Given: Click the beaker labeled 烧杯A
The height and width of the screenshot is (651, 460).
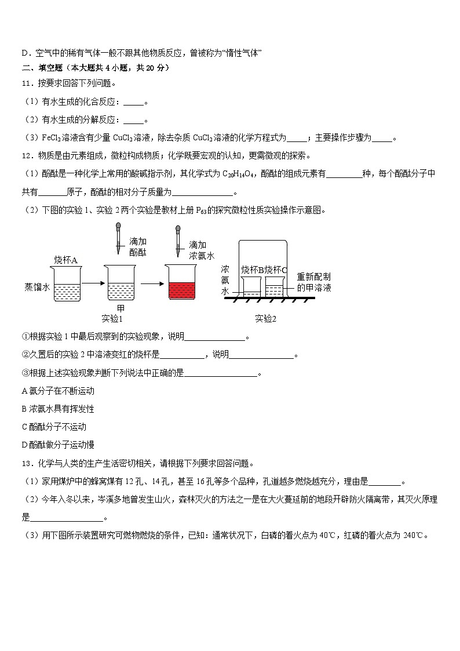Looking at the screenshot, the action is pyautogui.click(x=66, y=283).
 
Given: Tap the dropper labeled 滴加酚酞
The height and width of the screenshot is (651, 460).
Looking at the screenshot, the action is pyautogui.click(x=118, y=238).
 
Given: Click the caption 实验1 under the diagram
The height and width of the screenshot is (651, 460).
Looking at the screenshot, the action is pyautogui.click(x=112, y=318).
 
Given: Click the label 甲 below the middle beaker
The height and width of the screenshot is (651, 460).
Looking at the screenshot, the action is pyautogui.click(x=121, y=308).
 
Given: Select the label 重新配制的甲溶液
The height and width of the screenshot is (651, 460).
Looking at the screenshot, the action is pyautogui.click(x=314, y=282).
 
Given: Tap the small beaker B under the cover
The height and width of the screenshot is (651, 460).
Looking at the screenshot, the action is pyautogui.click(x=251, y=286).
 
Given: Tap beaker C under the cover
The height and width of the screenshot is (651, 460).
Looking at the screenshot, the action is pyautogui.click(x=273, y=286).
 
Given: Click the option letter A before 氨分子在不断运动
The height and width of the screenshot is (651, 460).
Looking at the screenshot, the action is pyautogui.click(x=24, y=391).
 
